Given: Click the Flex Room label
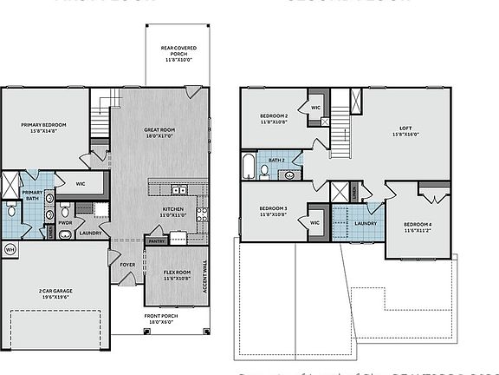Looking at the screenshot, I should pyautogui.click(x=177, y=274).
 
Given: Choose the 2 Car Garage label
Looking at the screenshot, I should pyautogui.click(x=45, y=291).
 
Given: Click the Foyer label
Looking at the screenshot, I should pyautogui.click(x=127, y=265).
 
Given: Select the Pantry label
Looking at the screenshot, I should pyautogui.click(x=156, y=240).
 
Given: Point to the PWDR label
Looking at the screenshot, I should pyautogui.click(x=65, y=222).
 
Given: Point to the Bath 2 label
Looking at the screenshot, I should pyautogui.click(x=276, y=160).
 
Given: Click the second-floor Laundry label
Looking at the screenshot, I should pyautogui.click(x=365, y=223).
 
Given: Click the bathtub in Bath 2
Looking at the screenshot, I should pyautogui.click(x=249, y=165).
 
